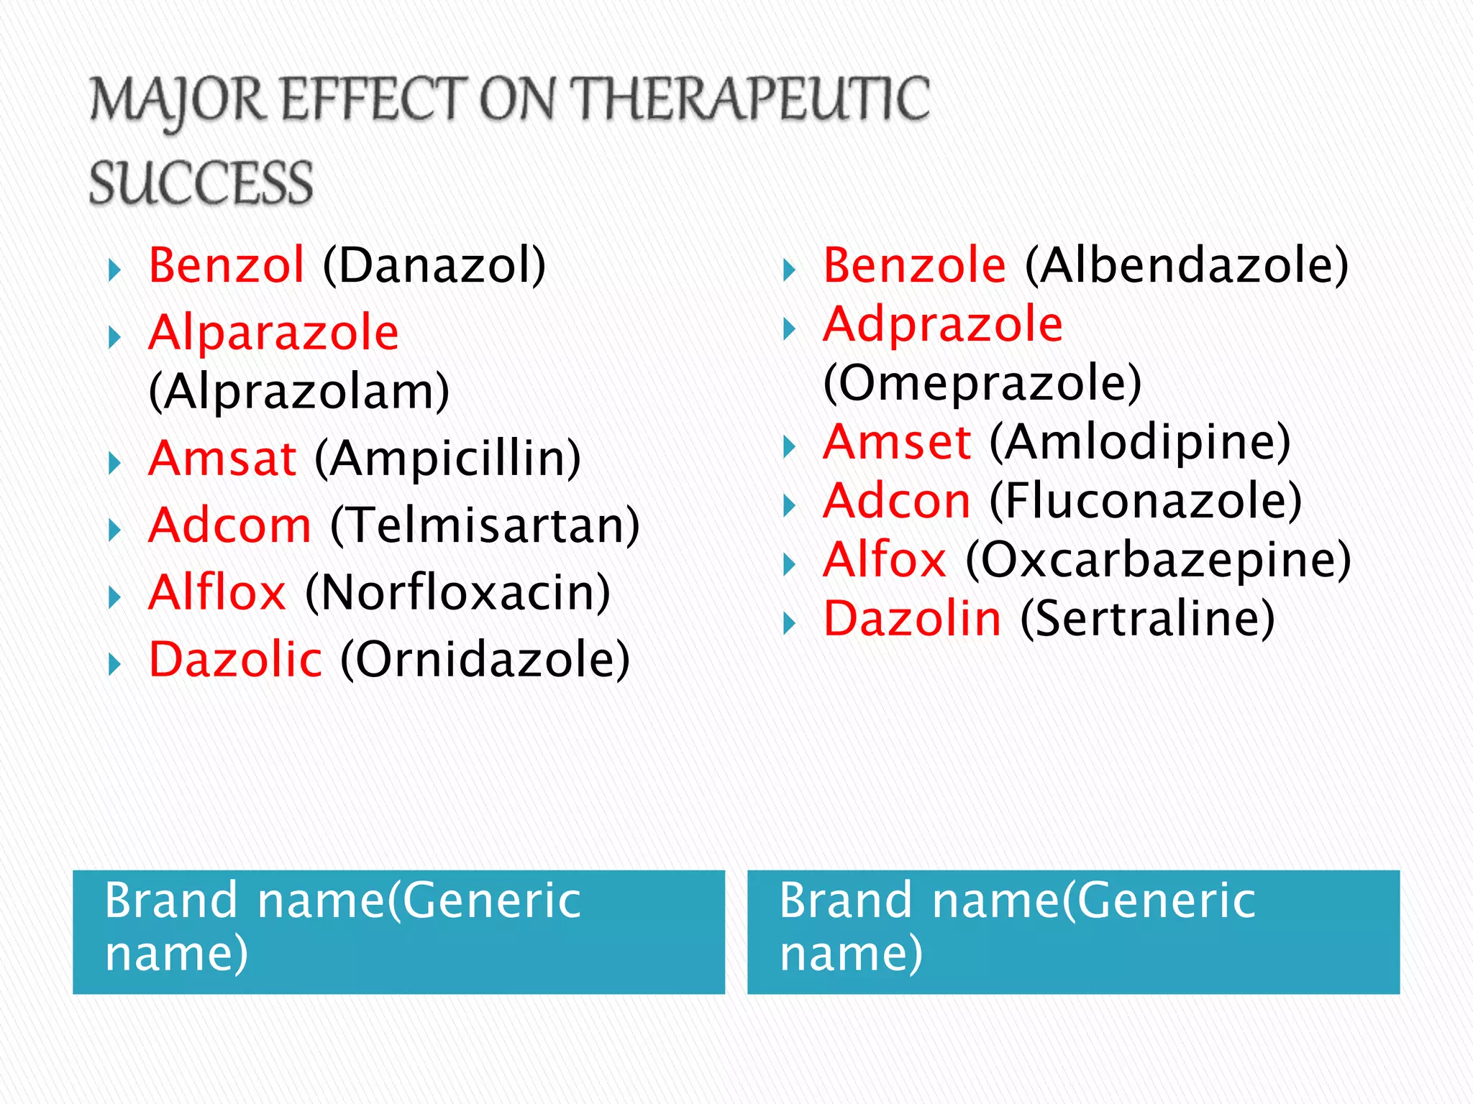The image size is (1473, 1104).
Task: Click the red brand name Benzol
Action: [226, 265]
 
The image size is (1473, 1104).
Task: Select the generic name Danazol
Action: [434, 265]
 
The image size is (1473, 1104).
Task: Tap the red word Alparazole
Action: [273, 333]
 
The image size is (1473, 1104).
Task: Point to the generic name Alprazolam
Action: [299, 392]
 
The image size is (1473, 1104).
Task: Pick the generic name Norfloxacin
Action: [458, 593]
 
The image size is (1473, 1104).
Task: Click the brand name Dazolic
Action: [235, 660]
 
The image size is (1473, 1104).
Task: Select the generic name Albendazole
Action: [1187, 265]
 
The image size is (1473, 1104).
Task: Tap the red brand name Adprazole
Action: [943, 324]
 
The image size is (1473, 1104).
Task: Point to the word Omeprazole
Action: [982, 383]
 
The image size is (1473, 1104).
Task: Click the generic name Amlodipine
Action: [1140, 442]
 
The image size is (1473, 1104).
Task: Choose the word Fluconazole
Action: [1146, 501]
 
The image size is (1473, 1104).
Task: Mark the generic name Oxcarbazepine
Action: [1158, 560]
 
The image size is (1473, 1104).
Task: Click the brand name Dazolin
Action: [912, 619]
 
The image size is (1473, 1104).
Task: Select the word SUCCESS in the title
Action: [201, 183]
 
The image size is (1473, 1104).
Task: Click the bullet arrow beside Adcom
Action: [114, 530]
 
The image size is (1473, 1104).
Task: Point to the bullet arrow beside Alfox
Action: [789, 565]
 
